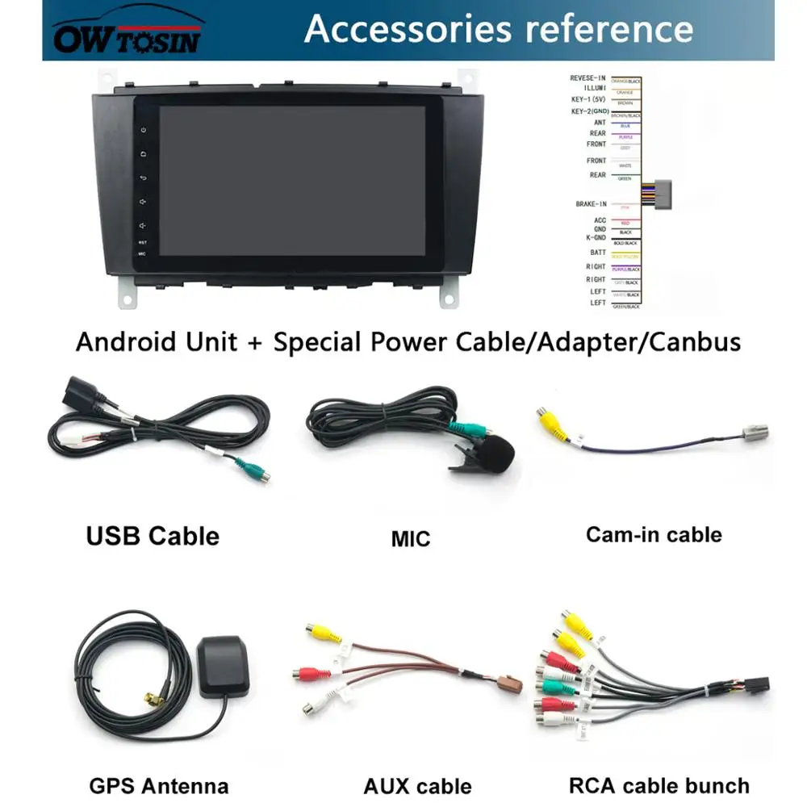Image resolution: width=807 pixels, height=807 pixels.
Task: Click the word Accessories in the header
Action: (408, 29)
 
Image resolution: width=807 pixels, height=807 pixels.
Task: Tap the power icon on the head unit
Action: (143, 130)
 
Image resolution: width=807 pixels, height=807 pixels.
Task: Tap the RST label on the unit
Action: (143, 242)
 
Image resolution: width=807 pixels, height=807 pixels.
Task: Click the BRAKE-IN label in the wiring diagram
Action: (591, 204)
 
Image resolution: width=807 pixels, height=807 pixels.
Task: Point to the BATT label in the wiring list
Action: (598, 253)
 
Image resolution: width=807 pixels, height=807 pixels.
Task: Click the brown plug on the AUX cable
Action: (510, 685)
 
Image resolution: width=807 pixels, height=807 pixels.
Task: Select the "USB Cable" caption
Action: (153, 536)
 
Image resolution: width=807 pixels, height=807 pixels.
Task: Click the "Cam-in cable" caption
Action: (654, 534)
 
